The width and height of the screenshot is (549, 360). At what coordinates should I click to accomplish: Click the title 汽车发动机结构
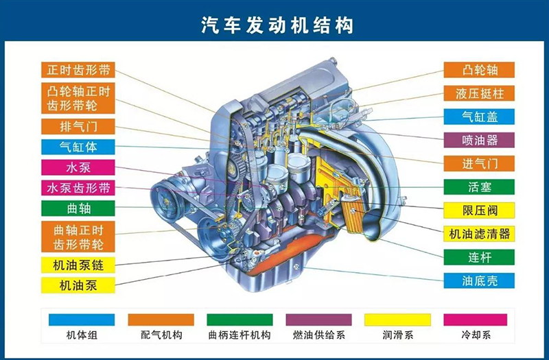[x=277, y=25]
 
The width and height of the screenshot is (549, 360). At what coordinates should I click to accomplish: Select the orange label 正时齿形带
[x=78, y=70]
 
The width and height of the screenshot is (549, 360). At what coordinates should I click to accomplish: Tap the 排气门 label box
[x=78, y=126]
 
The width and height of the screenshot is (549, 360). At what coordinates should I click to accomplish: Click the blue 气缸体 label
[x=78, y=147]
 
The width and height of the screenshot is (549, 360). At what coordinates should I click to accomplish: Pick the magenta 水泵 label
[x=78, y=167]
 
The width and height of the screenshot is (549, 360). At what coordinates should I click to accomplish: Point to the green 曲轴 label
[x=78, y=208]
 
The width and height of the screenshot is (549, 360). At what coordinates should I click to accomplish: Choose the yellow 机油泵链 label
[x=78, y=265]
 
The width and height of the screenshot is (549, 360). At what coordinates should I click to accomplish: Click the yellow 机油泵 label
[x=78, y=285]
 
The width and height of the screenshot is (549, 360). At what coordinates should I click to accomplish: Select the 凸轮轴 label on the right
[x=479, y=70]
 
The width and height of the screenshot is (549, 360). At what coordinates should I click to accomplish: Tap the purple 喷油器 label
[x=479, y=140]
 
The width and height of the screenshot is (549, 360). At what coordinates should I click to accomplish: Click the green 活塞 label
[x=479, y=187]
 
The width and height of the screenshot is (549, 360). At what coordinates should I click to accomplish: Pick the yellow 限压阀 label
[x=479, y=211]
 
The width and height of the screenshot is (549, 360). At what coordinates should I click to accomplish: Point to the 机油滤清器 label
[x=479, y=234]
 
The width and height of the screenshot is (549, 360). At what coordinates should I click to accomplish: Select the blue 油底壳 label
[x=479, y=280]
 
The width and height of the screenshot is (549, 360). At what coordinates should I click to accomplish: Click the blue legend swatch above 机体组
[x=82, y=320]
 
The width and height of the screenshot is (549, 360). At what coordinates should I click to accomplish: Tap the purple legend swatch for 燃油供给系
[x=318, y=320]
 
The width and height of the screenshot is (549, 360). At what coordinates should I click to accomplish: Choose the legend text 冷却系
[x=476, y=335]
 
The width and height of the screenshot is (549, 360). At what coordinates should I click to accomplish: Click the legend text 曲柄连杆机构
[x=240, y=335]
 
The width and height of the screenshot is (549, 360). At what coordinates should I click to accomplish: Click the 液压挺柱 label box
[x=479, y=93]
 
